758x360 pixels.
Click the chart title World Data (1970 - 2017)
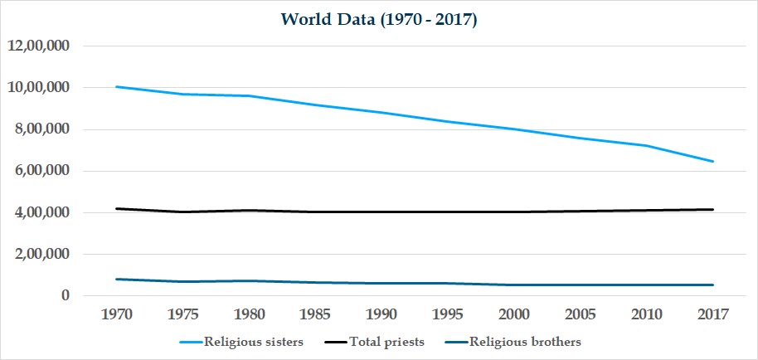pyautogui.click(x=378, y=19)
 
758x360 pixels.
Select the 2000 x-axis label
pyautogui.click(x=514, y=314)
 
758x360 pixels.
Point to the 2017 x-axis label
pyautogui.click(x=712, y=314)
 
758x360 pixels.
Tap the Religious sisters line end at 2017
pyautogui.click(x=712, y=161)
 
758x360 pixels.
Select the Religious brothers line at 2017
pyautogui.click(x=712, y=285)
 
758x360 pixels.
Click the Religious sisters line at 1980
pyautogui.click(x=249, y=95)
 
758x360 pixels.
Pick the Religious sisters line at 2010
pyautogui.click(x=646, y=145)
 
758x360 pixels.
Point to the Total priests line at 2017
pyautogui.click(x=712, y=209)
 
